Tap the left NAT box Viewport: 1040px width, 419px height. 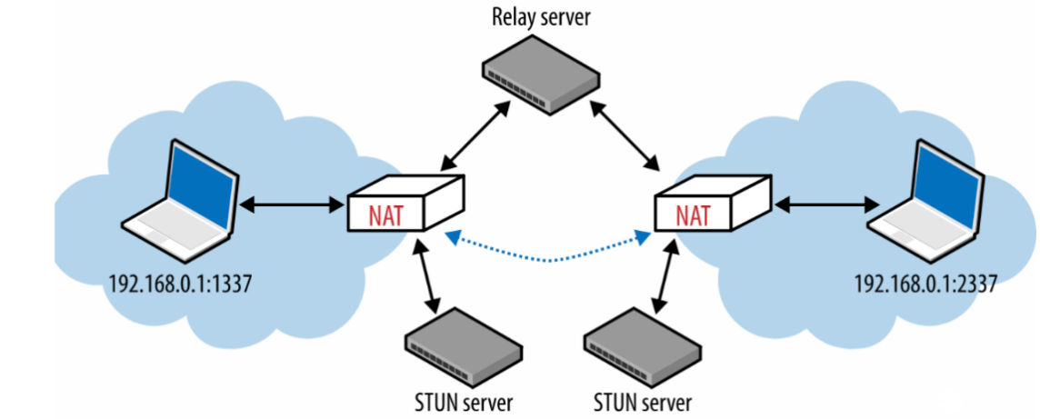coord(406,206)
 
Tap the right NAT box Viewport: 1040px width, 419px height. coord(712,206)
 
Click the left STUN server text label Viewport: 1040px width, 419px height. coord(463,401)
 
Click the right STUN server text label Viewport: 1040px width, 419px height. coord(643,401)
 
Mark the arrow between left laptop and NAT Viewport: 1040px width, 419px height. coord(288,206)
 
